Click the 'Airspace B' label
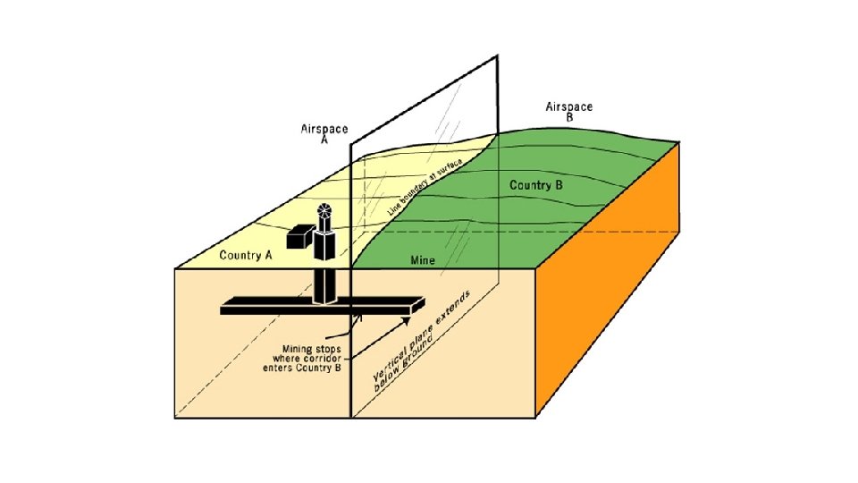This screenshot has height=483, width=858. coord(568,111)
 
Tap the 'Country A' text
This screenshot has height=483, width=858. coord(246,255)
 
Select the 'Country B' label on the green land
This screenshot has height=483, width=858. coord(536,186)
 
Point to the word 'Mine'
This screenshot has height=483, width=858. coord(422,260)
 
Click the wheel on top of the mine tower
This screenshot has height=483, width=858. coord(324,212)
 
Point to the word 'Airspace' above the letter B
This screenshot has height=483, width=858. coord(568,106)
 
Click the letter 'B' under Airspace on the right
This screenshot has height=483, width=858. coord(568,116)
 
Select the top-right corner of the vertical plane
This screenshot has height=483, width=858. coord(497,57)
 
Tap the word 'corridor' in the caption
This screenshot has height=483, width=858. coord(320,358)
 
